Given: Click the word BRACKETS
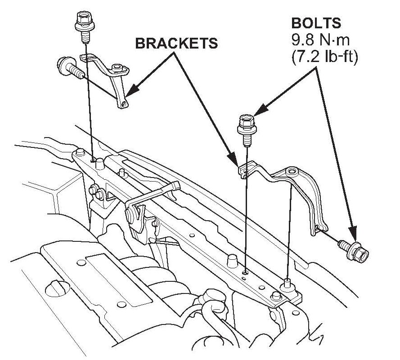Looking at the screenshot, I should [x=176, y=43].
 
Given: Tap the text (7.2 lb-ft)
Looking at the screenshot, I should [x=324, y=58].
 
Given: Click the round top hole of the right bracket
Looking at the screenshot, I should [x=292, y=171].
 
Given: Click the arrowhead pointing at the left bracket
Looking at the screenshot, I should [x=130, y=93].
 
